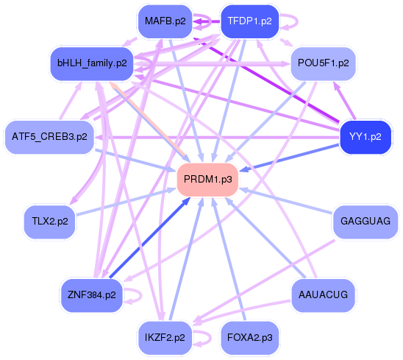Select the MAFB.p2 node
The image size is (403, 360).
pyautogui.click(x=165, y=21)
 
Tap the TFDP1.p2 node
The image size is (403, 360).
pyautogui.click(x=249, y=21)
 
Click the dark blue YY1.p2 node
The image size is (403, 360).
pyautogui.click(x=365, y=137)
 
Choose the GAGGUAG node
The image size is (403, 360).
pyautogui.click(x=365, y=221)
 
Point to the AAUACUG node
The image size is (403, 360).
pyautogui.click(x=324, y=294)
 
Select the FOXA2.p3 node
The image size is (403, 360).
pyautogui.click(x=249, y=338)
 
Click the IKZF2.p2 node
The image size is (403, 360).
pyautogui.click(x=165, y=338)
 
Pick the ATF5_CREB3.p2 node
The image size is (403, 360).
pyautogui.click(x=49, y=137)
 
